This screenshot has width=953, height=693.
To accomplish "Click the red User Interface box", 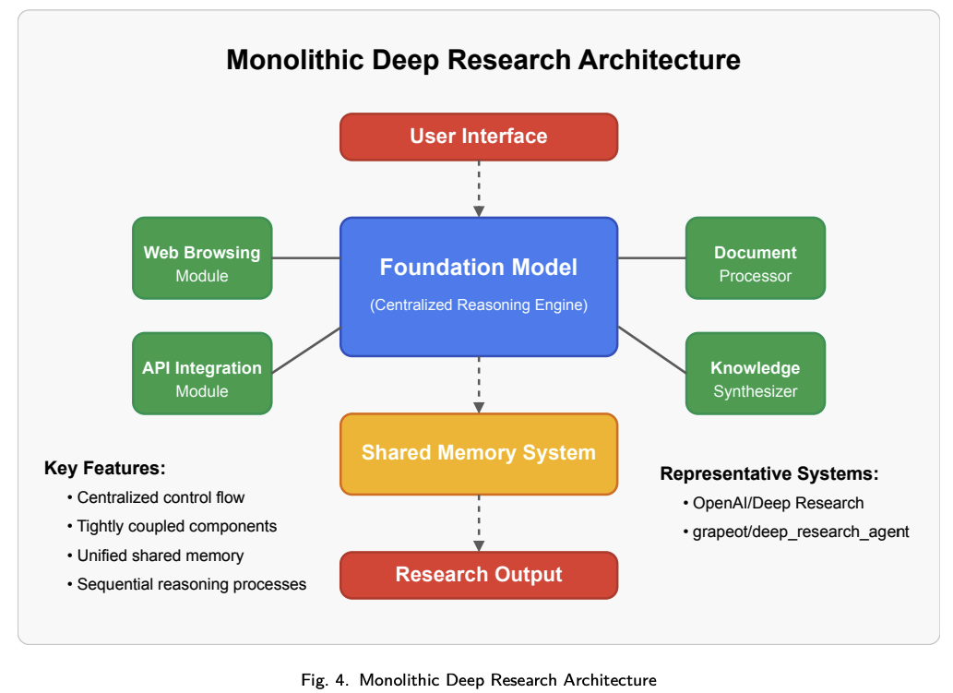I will [x=479, y=137].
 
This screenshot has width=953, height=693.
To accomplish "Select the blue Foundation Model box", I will [x=479, y=286].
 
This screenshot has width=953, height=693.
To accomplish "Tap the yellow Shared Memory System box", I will [x=479, y=453].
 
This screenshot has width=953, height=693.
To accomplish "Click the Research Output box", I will [x=479, y=575].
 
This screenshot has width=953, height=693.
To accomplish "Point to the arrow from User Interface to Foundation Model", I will [x=479, y=188].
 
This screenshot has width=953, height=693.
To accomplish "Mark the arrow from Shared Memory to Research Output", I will [x=479, y=522].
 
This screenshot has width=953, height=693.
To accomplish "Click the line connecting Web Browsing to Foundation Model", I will [x=306, y=258].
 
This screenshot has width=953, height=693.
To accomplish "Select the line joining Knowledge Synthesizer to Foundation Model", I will [x=651, y=350].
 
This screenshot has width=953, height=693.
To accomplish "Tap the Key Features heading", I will [x=104, y=469].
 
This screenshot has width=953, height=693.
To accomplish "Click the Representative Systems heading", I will [x=768, y=474].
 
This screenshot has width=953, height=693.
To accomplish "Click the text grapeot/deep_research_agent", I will [x=801, y=532].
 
